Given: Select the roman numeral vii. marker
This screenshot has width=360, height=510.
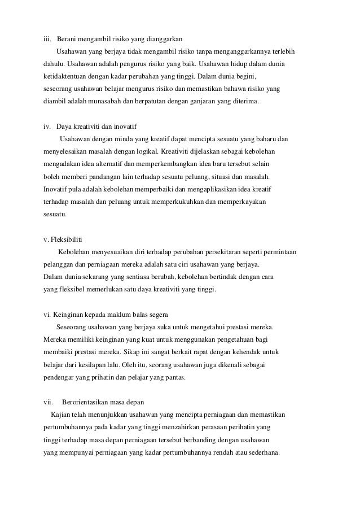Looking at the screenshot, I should coord(49,402).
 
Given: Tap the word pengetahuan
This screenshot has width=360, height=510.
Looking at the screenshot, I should coord(240,339).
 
